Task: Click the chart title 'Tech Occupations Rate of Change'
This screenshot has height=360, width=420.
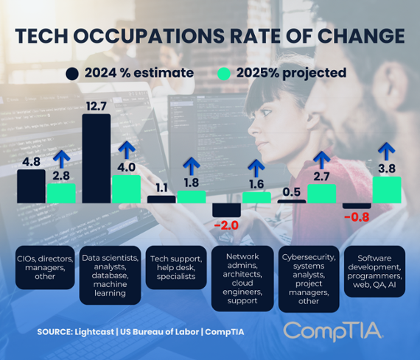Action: (210, 36)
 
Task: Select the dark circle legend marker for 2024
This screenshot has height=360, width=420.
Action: (71, 74)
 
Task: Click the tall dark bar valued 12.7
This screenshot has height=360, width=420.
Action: (96, 158)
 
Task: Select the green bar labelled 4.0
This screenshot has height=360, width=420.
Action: (125, 188)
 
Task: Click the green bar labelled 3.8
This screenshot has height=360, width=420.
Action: (387, 189)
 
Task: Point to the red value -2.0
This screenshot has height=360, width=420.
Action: (225, 224)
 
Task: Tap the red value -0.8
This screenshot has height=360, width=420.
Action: (357, 216)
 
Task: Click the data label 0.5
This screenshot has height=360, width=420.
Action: (290, 192)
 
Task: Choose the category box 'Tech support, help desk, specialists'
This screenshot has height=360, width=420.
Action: (176, 267)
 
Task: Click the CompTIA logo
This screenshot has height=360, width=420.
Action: (333, 331)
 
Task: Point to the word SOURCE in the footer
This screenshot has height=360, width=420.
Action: (60, 332)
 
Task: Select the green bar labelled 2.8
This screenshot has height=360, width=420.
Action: (60, 192)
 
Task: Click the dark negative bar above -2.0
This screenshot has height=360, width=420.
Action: (225, 209)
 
